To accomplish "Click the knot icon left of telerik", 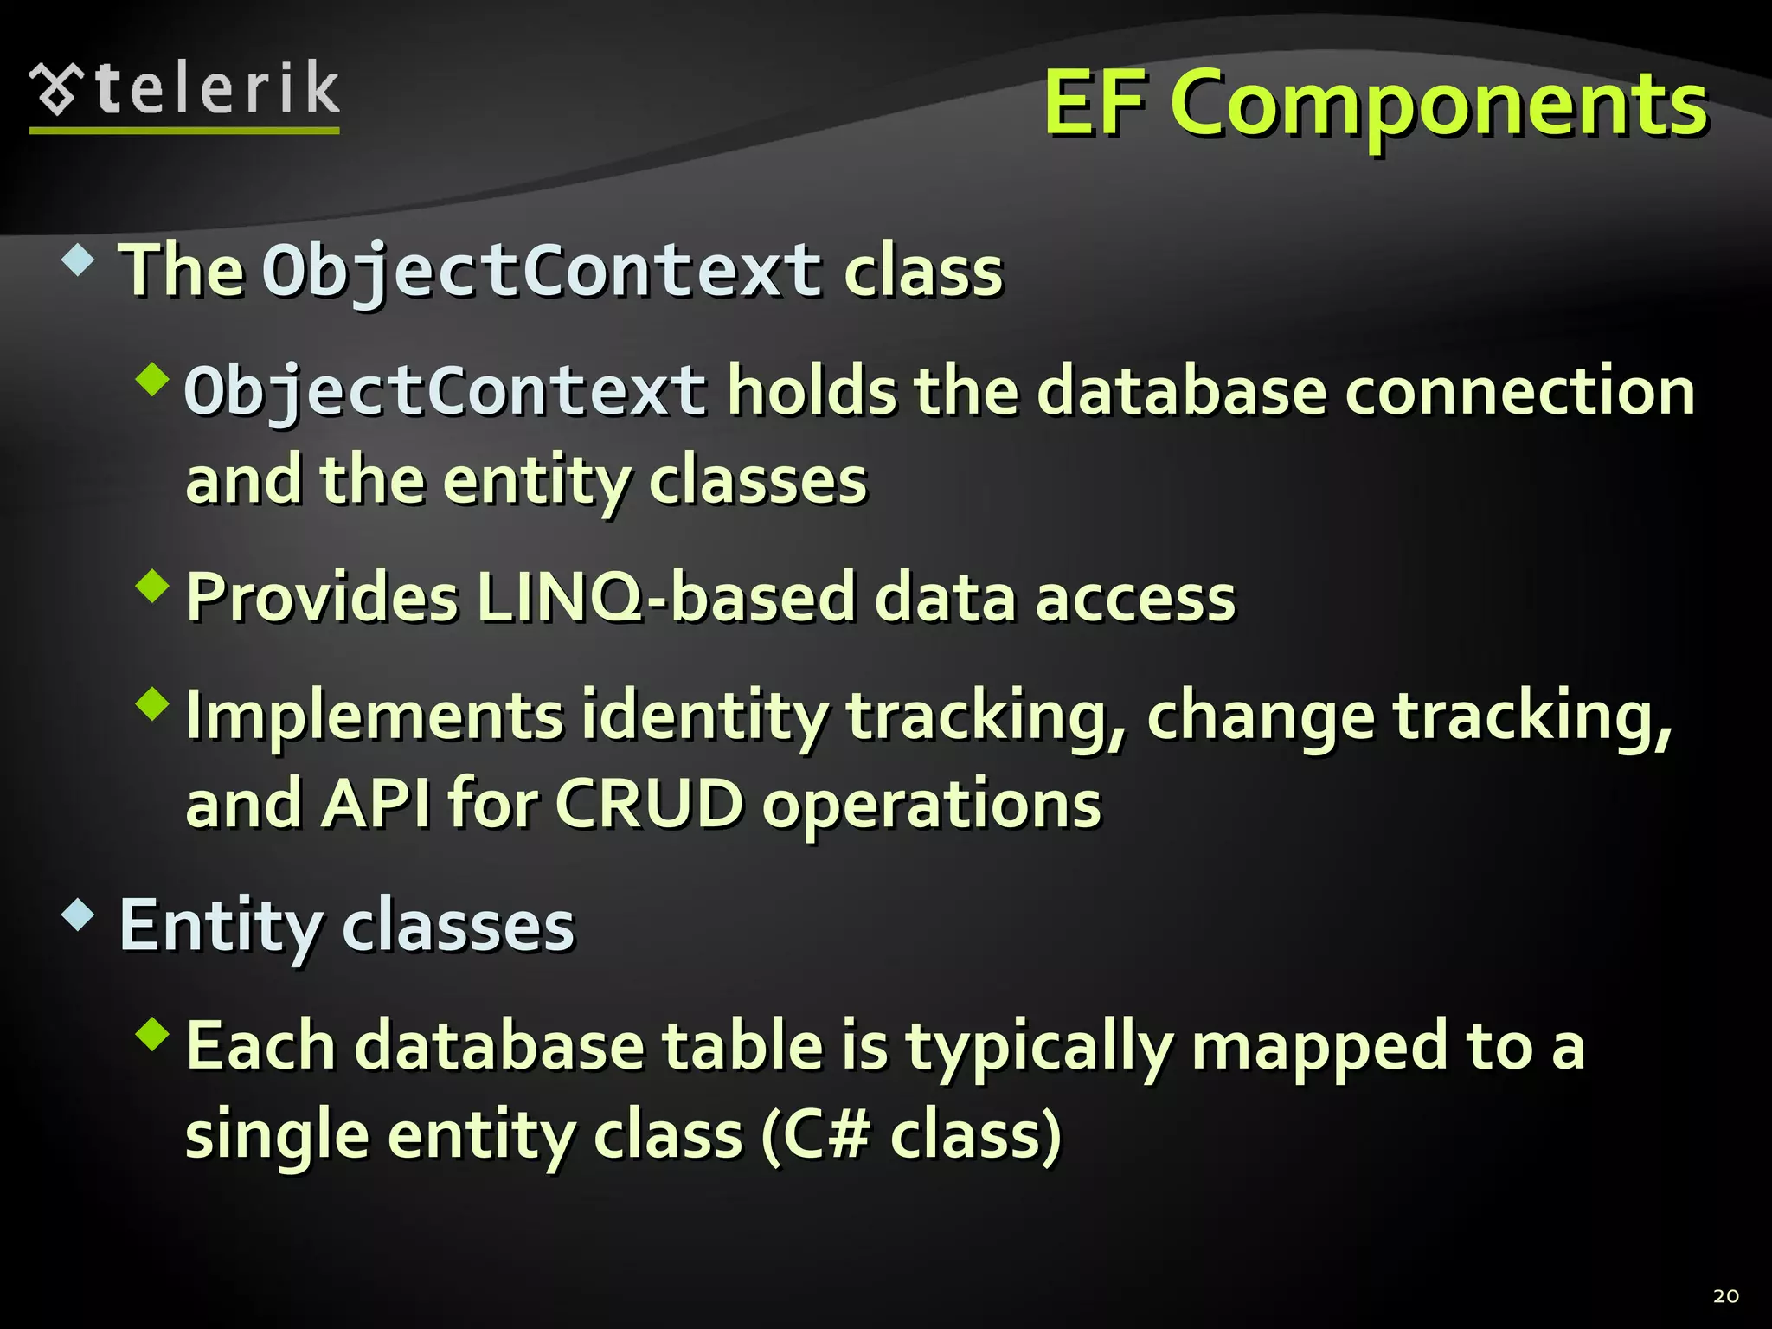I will (56, 88).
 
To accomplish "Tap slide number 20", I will (1725, 1296).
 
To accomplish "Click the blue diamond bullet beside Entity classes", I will (79, 915).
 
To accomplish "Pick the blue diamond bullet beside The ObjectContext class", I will (79, 260).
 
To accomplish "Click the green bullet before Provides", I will (153, 586).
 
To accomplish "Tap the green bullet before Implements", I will (153, 704).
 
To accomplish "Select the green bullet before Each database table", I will (153, 1034).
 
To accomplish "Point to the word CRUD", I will (648, 804).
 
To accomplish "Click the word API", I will (376, 804).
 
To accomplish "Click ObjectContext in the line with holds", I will (446, 392).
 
